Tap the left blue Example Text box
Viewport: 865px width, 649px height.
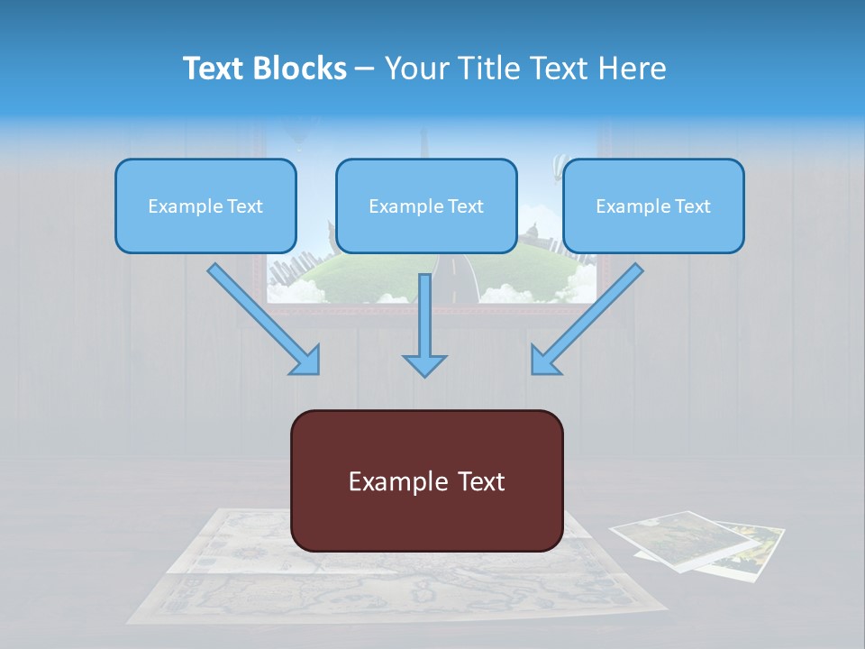(205, 206)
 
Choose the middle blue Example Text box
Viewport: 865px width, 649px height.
(426, 206)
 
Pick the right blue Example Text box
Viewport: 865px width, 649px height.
(653, 206)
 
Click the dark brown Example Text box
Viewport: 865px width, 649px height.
(426, 481)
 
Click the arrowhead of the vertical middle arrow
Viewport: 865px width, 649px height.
(424, 364)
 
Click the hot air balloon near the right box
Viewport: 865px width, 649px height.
(559, 164)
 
